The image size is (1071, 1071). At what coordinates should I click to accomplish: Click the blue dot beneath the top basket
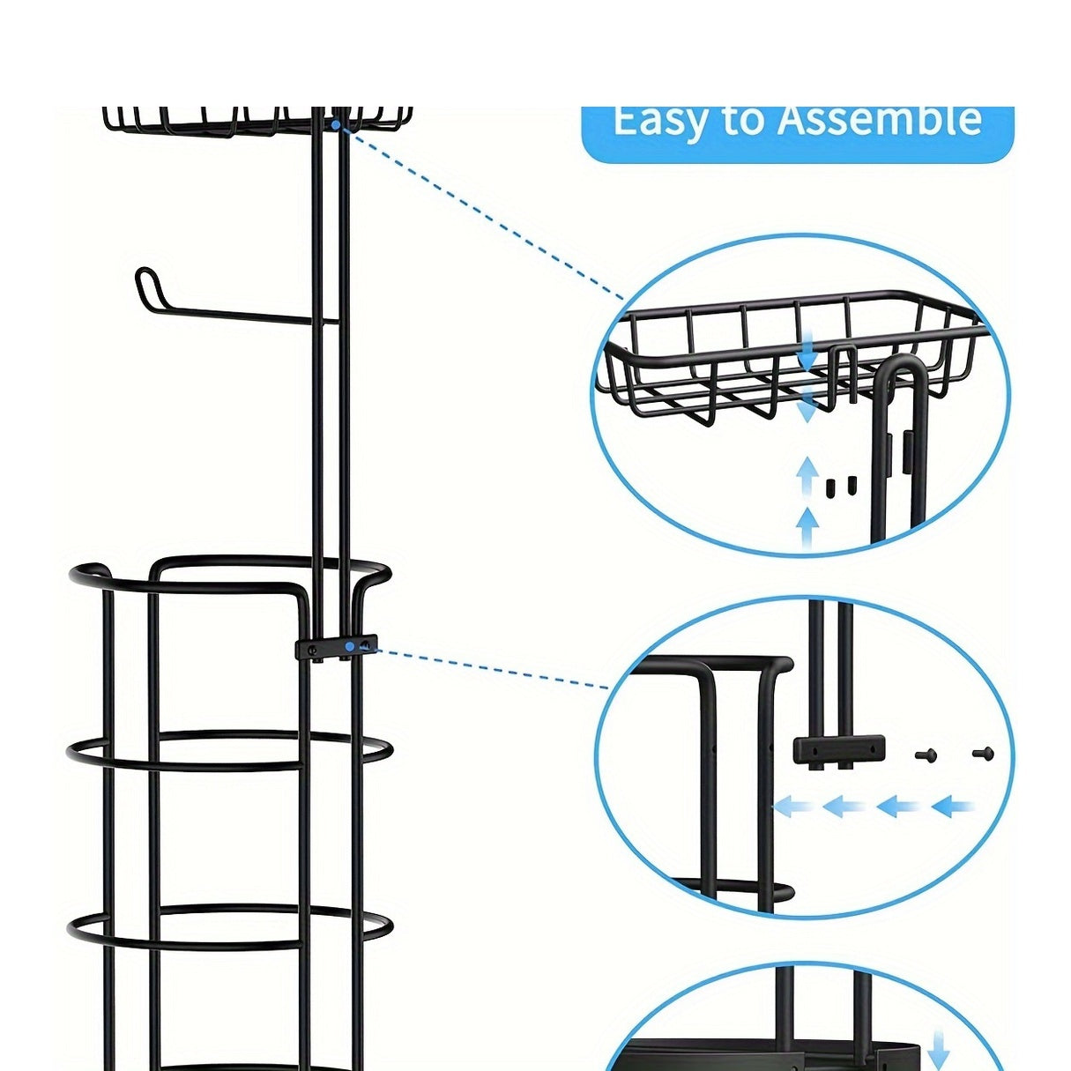click(336, 125)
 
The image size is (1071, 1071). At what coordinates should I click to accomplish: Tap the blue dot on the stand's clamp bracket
click(350, 646)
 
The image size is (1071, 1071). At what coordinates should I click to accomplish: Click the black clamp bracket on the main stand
click(335, 648)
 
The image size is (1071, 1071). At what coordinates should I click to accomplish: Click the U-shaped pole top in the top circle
click(901, 370)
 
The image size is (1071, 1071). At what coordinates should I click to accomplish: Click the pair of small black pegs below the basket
click(839, 487)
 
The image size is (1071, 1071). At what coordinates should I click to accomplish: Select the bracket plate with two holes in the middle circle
click(838, 748)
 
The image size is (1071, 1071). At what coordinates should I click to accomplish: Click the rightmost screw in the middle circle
click(983, 754)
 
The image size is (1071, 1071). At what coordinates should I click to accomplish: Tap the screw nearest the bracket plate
click(926, 755)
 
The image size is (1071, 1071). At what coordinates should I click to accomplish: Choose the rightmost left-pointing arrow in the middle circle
click(954, 806)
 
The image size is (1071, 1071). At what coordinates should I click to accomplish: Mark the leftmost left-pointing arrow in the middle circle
click(793, 806)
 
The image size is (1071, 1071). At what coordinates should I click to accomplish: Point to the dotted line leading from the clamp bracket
click(494, 667)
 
